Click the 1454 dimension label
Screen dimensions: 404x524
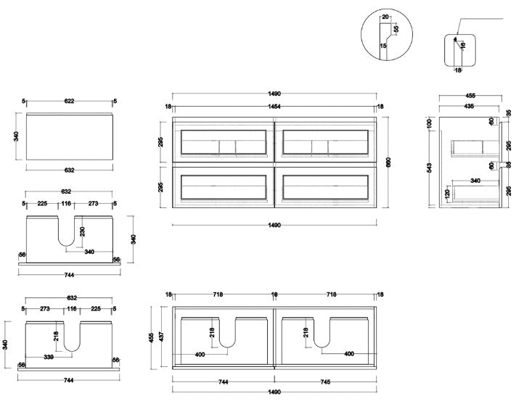275,107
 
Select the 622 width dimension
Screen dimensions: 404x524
69,102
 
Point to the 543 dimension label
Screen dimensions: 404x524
431,169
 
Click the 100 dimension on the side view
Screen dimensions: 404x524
431,124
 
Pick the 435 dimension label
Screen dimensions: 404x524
470,107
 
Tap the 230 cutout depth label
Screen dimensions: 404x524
82,231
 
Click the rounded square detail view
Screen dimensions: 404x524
458,51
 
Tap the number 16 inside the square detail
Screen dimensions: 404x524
462,46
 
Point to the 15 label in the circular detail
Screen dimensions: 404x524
382,46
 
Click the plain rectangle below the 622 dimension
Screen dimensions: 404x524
69,136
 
